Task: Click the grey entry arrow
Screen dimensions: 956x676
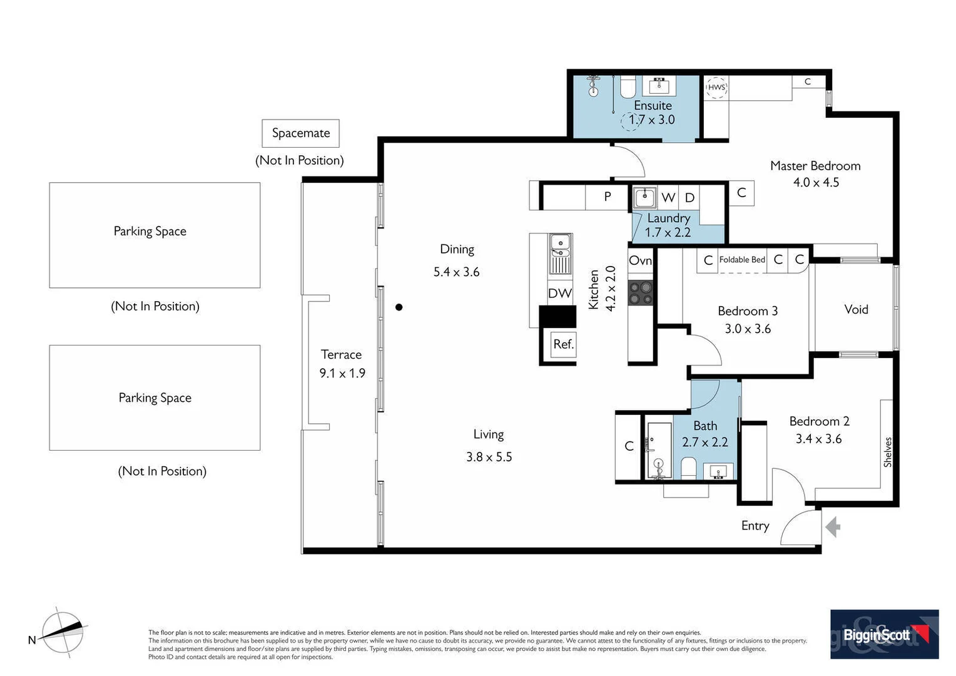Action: coord(833,526)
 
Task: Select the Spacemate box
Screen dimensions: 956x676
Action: coord(300,133)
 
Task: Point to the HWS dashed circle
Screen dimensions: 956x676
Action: coord(716,87)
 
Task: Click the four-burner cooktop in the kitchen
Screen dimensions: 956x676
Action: coord(641,292)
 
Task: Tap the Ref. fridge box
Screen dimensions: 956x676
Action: coord(563,344)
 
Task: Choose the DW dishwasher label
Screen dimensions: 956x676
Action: coord(559,293)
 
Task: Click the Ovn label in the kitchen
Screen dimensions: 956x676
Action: coord(640,260)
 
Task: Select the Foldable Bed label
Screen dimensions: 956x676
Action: coord(742,260)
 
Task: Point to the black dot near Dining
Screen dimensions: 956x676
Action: coord(399,307)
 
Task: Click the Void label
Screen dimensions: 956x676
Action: coord(856,309)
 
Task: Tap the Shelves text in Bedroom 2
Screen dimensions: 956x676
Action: coord(888,452)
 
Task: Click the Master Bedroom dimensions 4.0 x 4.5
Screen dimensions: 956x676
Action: coord(816,182)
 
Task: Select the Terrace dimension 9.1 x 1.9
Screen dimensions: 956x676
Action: coord(342,373)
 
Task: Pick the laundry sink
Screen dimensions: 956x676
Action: coord(644,197)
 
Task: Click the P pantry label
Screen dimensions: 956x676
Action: coord(608,196)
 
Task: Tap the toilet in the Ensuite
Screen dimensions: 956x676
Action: coord(628,87)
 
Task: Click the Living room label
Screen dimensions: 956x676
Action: coord(489,434)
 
